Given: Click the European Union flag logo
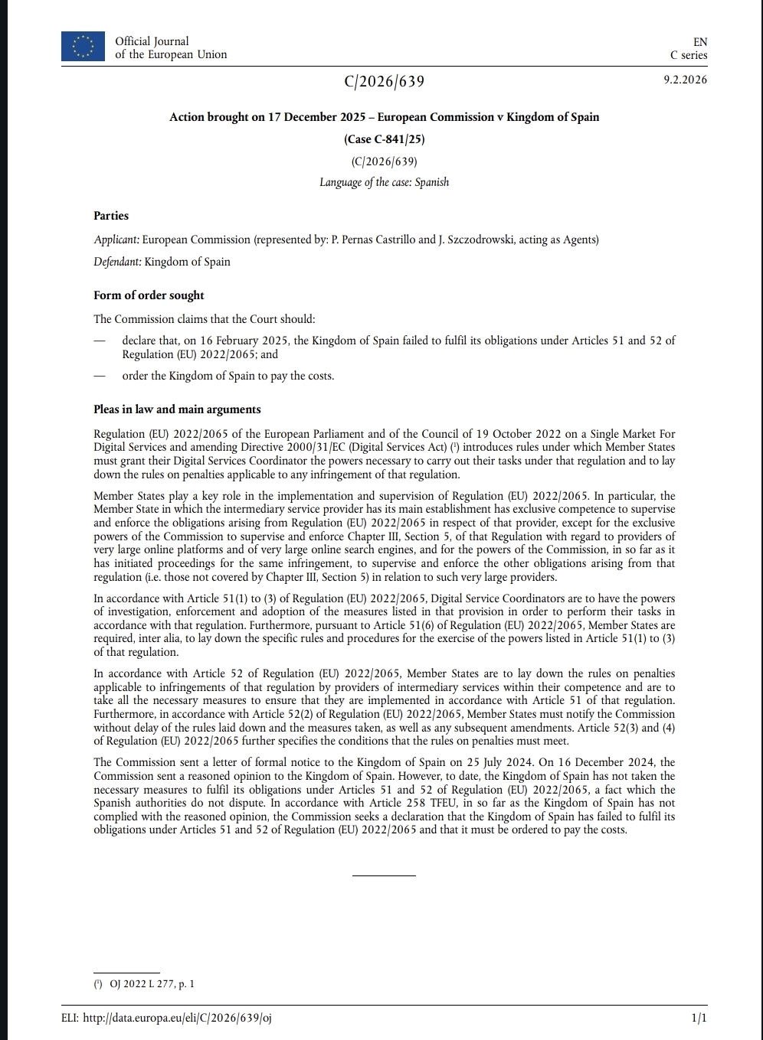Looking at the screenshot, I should coord(83,47).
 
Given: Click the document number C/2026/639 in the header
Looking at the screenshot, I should coord(384,81).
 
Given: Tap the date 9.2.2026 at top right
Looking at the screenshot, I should coord(685,80).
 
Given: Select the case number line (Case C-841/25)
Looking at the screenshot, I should coord(384,139).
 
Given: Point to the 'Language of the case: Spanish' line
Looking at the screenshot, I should coord(384,182).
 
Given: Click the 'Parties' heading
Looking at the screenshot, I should coord(111,216).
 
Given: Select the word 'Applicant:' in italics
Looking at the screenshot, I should coord(116,240).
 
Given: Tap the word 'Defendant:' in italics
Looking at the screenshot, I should coord(118,262).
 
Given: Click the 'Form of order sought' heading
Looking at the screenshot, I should coord(149,295).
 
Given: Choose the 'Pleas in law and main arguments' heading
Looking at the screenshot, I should coord(177,409).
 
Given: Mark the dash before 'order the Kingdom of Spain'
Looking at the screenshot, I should coord(98,376).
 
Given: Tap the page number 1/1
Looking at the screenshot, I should coord(699,1018).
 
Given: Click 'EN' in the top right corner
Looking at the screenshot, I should coord(699,42).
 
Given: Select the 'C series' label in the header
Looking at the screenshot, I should coord(689,55).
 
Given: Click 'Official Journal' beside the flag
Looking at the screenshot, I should coord(152,41).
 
